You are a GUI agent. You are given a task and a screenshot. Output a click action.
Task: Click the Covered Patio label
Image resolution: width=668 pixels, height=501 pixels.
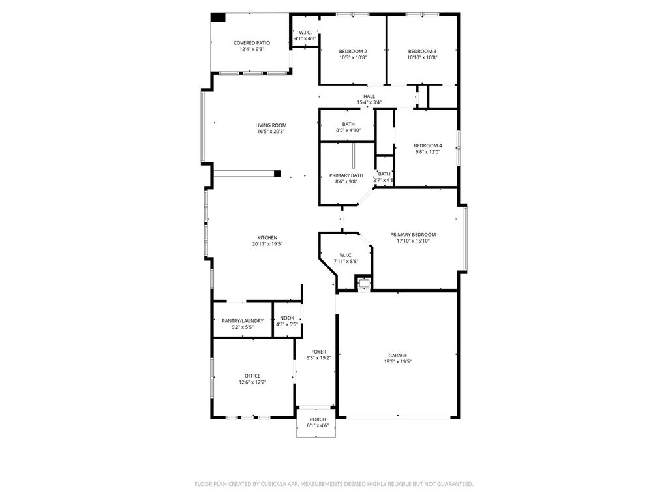click(x=252, y=43)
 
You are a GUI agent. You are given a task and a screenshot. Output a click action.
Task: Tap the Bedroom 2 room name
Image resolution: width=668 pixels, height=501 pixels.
click(x=353, y=52)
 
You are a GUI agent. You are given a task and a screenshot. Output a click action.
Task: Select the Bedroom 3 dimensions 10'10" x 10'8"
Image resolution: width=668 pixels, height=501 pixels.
click(x=422, y=57)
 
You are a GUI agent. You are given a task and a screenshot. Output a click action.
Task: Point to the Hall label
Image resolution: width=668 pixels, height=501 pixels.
click(x=369, y=97)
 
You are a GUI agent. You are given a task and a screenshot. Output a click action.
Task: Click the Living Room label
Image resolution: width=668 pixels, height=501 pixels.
click(x=271, y=125)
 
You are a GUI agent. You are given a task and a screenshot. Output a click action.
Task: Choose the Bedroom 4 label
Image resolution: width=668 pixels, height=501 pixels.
click(x=428, y=145)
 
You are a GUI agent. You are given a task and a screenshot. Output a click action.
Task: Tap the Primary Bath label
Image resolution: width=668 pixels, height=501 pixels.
click(x=346, y=175)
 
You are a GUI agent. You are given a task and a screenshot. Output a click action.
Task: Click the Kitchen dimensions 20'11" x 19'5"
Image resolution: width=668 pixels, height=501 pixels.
click(x=267, y=244)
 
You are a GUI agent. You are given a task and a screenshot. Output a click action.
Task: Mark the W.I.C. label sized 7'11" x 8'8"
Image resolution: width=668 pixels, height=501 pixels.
click(x=346, y=255)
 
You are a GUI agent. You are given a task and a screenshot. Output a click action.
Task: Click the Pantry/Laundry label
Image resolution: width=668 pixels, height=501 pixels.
click(x=243, y=321)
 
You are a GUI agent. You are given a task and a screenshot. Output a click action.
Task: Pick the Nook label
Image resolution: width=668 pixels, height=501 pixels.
click(x=287, y=318)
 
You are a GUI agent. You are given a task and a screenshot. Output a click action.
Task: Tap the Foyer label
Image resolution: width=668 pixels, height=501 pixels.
click(x=318, y=352)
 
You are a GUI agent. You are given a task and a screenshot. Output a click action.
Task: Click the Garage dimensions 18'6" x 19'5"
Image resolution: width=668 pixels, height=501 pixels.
click(x=398, y=361)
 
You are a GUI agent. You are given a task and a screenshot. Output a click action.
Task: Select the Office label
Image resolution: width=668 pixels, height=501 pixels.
click(x=252, y=376)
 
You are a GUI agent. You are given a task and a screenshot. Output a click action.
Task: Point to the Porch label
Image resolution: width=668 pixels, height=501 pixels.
click(x=318, y=419)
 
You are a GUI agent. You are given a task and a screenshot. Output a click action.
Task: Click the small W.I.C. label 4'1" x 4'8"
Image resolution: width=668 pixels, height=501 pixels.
click(x=305, y=33)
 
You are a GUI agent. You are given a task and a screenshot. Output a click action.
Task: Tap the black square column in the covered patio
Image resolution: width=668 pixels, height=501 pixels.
click(x=218, y=18)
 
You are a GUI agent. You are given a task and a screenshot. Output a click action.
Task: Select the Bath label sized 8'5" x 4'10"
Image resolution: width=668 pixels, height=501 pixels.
click(x=348, y=124)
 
